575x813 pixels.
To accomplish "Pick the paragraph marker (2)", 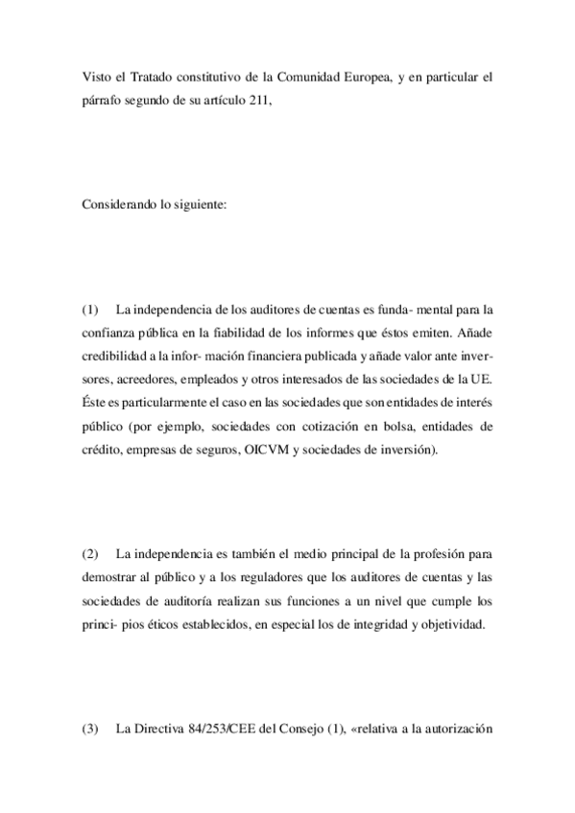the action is [x=90, y=555].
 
